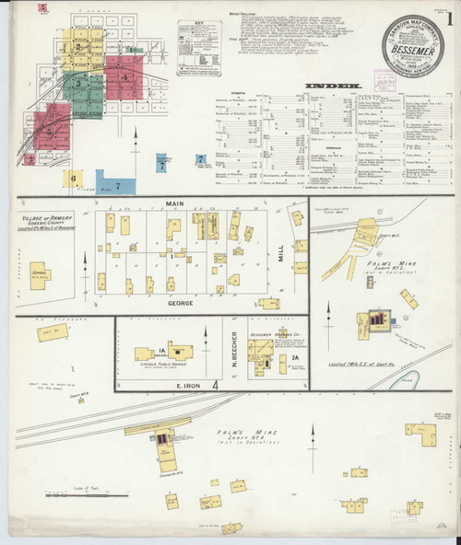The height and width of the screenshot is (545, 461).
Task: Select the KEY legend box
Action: click(x=198, y=47)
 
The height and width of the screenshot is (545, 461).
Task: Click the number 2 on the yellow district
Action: click(x=79, y=45)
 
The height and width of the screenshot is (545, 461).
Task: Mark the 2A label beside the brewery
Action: click(x=296, y=358)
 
